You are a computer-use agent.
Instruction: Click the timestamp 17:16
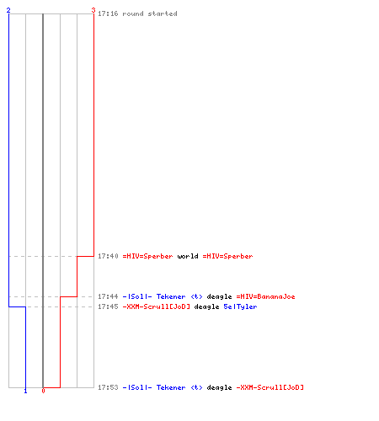(x=108, y=13)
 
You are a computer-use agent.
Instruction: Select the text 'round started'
(x=150, y=13)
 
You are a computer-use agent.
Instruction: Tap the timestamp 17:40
(x=108, y=256)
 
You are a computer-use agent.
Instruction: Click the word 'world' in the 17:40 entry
(x=188, y=256)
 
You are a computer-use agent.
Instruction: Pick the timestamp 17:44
(x=108, y=296)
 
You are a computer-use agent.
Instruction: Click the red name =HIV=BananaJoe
(x=265, y=296)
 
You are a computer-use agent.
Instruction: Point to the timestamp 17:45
(x=108, y=306)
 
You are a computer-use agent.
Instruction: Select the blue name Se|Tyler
(x=240, y=306)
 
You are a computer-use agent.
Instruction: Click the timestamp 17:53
(x=108, y=387)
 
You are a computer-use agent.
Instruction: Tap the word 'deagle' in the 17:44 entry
(x=219, y=296)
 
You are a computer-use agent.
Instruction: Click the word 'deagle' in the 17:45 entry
(x=206, y=306)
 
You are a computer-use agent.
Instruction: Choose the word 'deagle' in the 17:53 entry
(x=219, y=387)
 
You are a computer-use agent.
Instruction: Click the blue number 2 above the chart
(x=8, y=10)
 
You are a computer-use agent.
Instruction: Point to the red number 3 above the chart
(x=93, y=10)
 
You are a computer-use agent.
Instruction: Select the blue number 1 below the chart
(x=25, y=391)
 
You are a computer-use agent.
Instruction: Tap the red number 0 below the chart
(x=43, y=391)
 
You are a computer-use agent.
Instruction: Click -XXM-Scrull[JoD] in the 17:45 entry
(x=157, y=306)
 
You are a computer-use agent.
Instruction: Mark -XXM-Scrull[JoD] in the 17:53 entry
(x=270, y=387)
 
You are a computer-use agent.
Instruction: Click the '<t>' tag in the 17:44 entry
(x=196, y=296)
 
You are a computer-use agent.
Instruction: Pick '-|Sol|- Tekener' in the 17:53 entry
(x=154, y=387)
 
